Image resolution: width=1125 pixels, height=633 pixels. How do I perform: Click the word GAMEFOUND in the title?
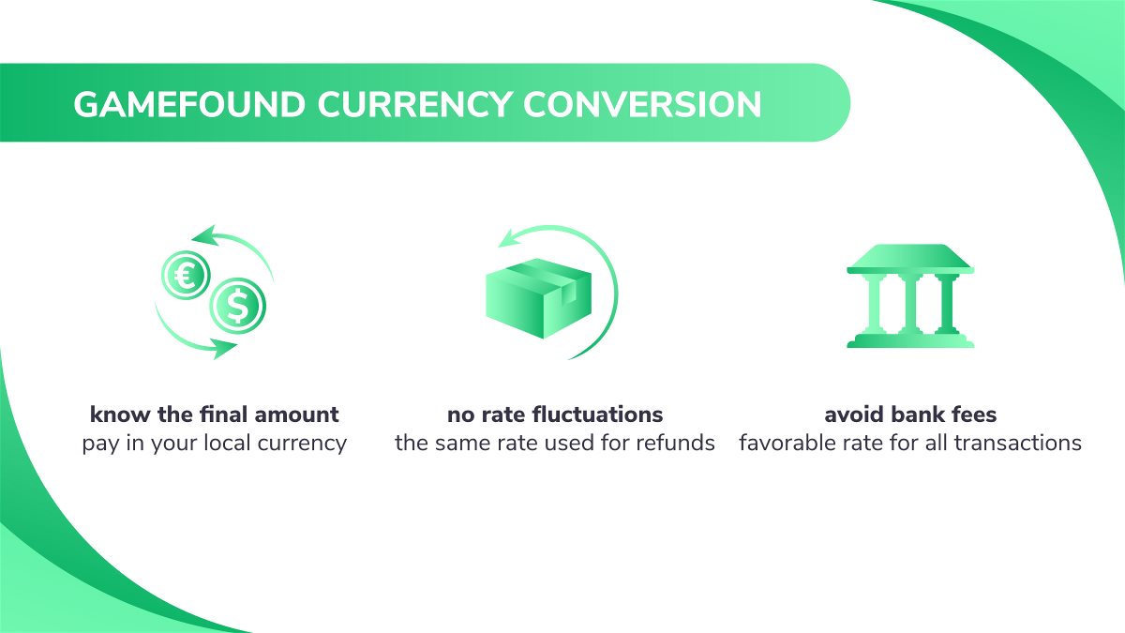tap(189, 104)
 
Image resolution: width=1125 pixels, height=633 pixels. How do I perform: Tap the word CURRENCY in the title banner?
tap(414, 104)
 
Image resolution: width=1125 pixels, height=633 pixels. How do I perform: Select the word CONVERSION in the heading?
tap(642, 104)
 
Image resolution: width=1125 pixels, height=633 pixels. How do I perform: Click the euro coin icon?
tap(186, 275)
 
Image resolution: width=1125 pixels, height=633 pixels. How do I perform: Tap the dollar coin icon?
tap(237, 306)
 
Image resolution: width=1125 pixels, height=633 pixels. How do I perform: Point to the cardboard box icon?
tap(538, 298)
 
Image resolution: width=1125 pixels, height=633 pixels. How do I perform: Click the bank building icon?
tap(910, 296)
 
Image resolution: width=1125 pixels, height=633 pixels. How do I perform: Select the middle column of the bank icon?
tap(910, 304)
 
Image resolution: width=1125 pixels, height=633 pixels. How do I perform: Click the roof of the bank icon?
tap(910, 259)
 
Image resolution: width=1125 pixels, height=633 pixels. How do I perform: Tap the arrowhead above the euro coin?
tap(206, 235)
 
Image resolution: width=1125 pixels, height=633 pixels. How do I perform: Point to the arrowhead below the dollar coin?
tap(222, 348)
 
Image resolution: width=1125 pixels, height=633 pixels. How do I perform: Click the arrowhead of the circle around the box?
tap(511, 237)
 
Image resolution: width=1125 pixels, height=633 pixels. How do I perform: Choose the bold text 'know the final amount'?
tap(214, 414)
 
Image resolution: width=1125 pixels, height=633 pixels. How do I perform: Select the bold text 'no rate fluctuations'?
tap(555, 414)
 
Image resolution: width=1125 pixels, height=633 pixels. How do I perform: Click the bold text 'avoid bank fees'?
tap(910, 414)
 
